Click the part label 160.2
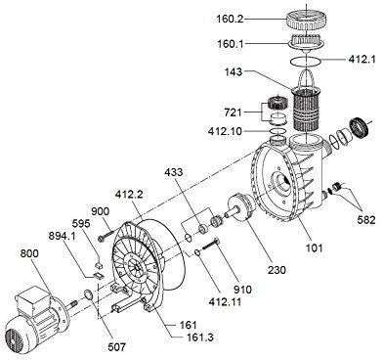pyautogui.click(x=230, y=20)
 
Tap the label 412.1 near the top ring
pyautogui.click(x=362, y=60)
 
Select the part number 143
pyautogui.click(x=234, y=71)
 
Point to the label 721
pyautogui.click(x=234, y=112)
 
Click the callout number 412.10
pyautogui.click(x=225, y=131)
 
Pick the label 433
pyautogui.click(x=174, y=172)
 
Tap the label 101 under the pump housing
pyautogui.click(x=314, y=247)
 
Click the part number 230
pyautogui.click(x=277, y=269)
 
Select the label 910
pyautogui.click(x=242, y=289)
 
